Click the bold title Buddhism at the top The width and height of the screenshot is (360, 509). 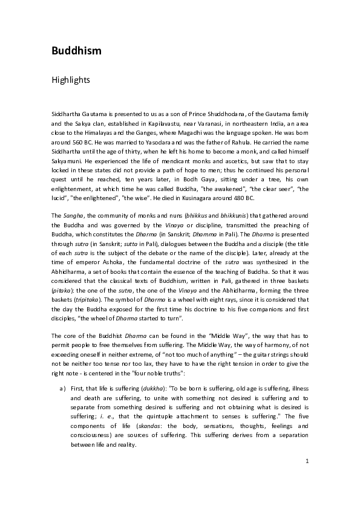[x=76, y=50]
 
